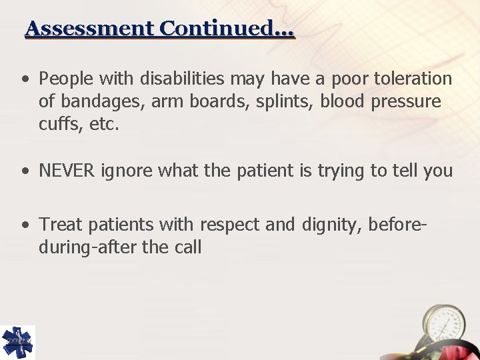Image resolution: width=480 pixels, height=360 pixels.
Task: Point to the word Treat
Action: pos(59,225)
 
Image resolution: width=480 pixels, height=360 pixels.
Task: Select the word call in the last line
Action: pos(187,247)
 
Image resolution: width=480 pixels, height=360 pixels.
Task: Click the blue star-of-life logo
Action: pos(17,342)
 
